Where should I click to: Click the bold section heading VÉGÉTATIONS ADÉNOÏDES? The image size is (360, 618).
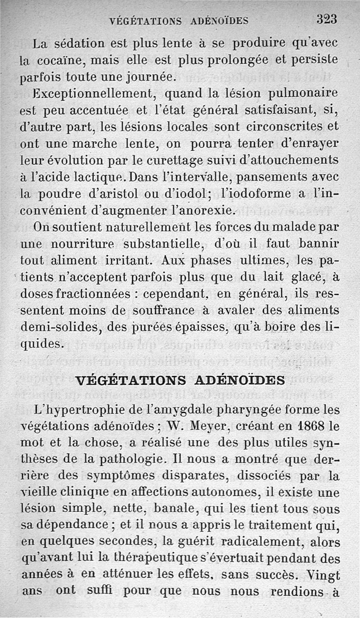click(180, 380)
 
